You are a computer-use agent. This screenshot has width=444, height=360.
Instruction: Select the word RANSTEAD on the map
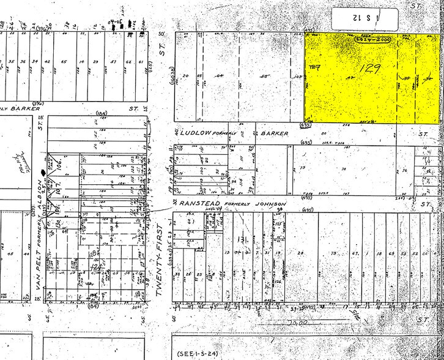[198, 203]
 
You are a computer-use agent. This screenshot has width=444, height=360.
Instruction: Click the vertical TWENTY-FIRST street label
[163, 260]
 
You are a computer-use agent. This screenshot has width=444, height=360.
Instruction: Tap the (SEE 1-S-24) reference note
[195, 353]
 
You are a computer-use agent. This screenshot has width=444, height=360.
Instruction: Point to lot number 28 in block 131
[300, 253]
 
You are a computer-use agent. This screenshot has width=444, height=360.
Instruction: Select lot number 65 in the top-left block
[64, 61]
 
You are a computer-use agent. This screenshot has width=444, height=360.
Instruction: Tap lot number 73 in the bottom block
[334, 253]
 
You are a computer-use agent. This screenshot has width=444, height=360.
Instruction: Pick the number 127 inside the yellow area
[316, 66]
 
